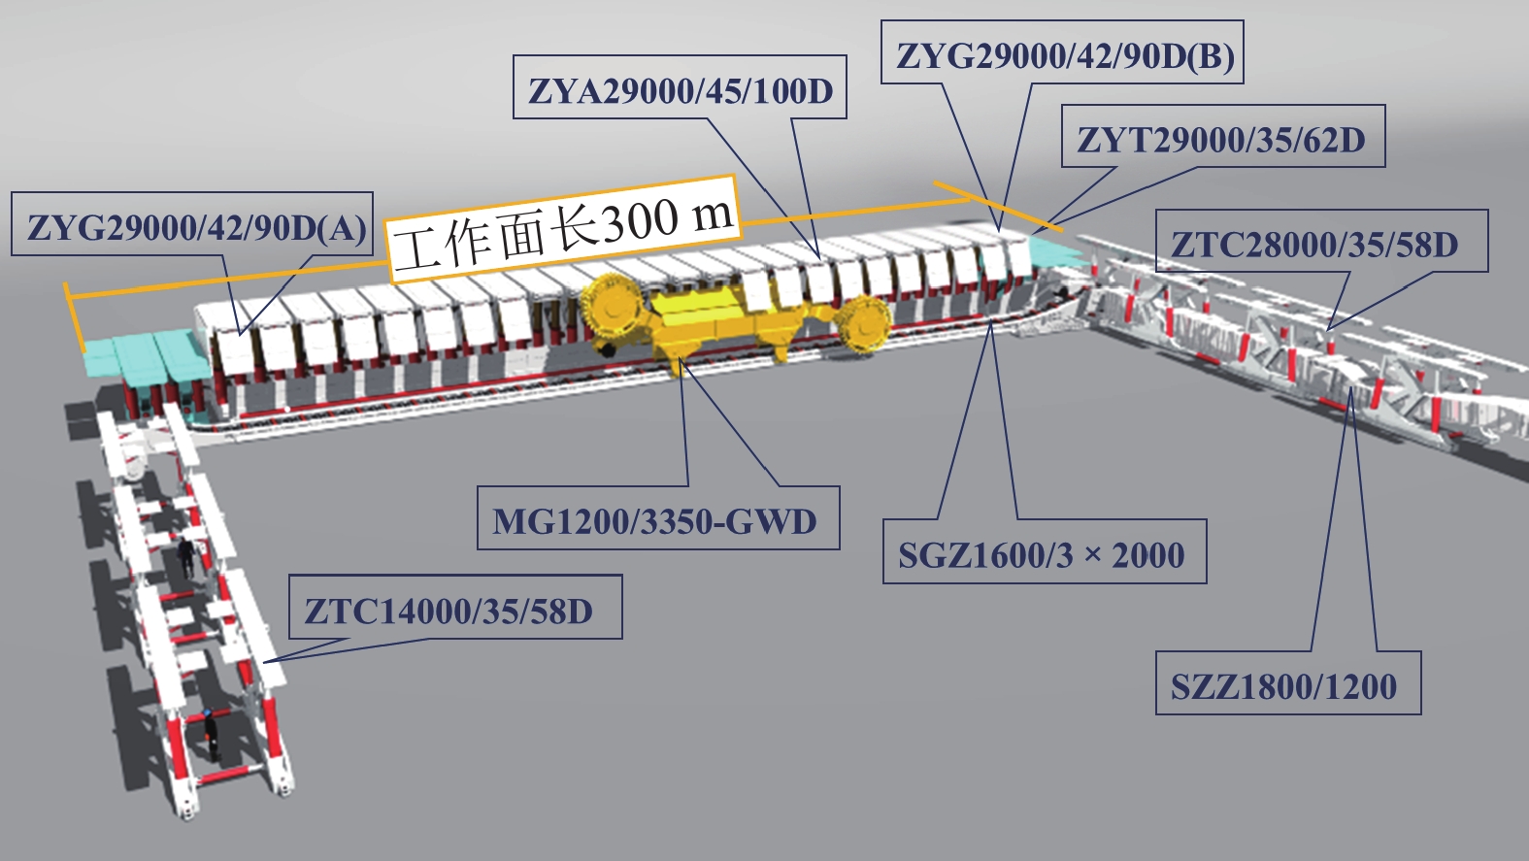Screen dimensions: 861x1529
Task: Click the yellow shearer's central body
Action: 723,320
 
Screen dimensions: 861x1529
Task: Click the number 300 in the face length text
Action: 640,222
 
